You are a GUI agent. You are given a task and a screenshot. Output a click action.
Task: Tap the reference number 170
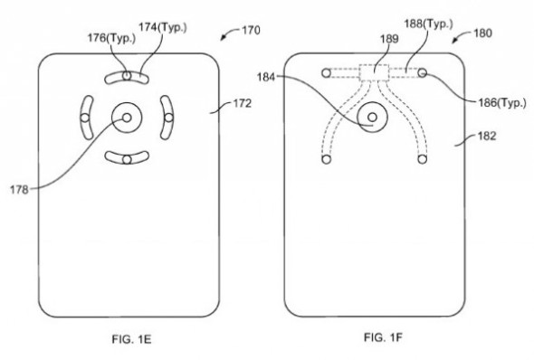click(249, 31)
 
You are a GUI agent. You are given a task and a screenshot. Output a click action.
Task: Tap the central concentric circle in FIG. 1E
click(126, 117)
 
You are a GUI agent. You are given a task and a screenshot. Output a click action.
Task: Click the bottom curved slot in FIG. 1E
click(126, 159)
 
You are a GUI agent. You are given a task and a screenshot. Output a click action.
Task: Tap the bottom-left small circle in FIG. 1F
click(324, 160)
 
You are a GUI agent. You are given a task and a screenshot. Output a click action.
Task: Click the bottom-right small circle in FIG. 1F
click(422, 160)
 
